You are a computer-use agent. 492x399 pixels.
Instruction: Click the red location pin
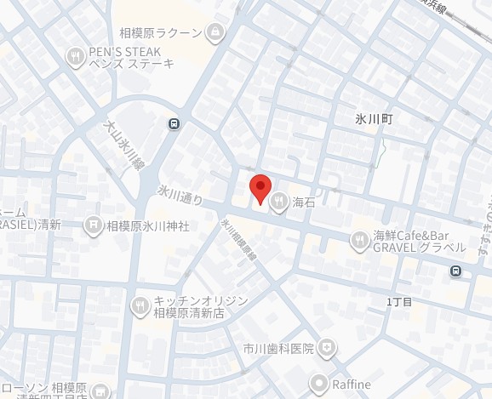point(260,187)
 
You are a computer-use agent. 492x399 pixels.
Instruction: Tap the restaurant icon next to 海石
point(279,202)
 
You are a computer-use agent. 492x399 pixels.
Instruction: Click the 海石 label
point(304,202)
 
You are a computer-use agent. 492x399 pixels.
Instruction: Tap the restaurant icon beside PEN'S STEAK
point(75,56)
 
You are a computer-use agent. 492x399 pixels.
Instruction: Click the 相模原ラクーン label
point(160,33)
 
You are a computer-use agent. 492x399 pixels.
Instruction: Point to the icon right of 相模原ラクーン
point(215,33)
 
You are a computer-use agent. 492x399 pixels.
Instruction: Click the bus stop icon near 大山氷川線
point(174,123)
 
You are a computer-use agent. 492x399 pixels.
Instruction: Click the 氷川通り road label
point(180,196)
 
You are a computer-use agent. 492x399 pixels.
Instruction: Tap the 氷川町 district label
point(374,121)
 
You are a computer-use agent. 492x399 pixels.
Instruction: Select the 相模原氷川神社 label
point(146,226)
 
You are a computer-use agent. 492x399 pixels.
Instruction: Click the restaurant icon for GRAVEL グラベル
point(359,242)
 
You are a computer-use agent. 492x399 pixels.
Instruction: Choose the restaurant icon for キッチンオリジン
point(140,305)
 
